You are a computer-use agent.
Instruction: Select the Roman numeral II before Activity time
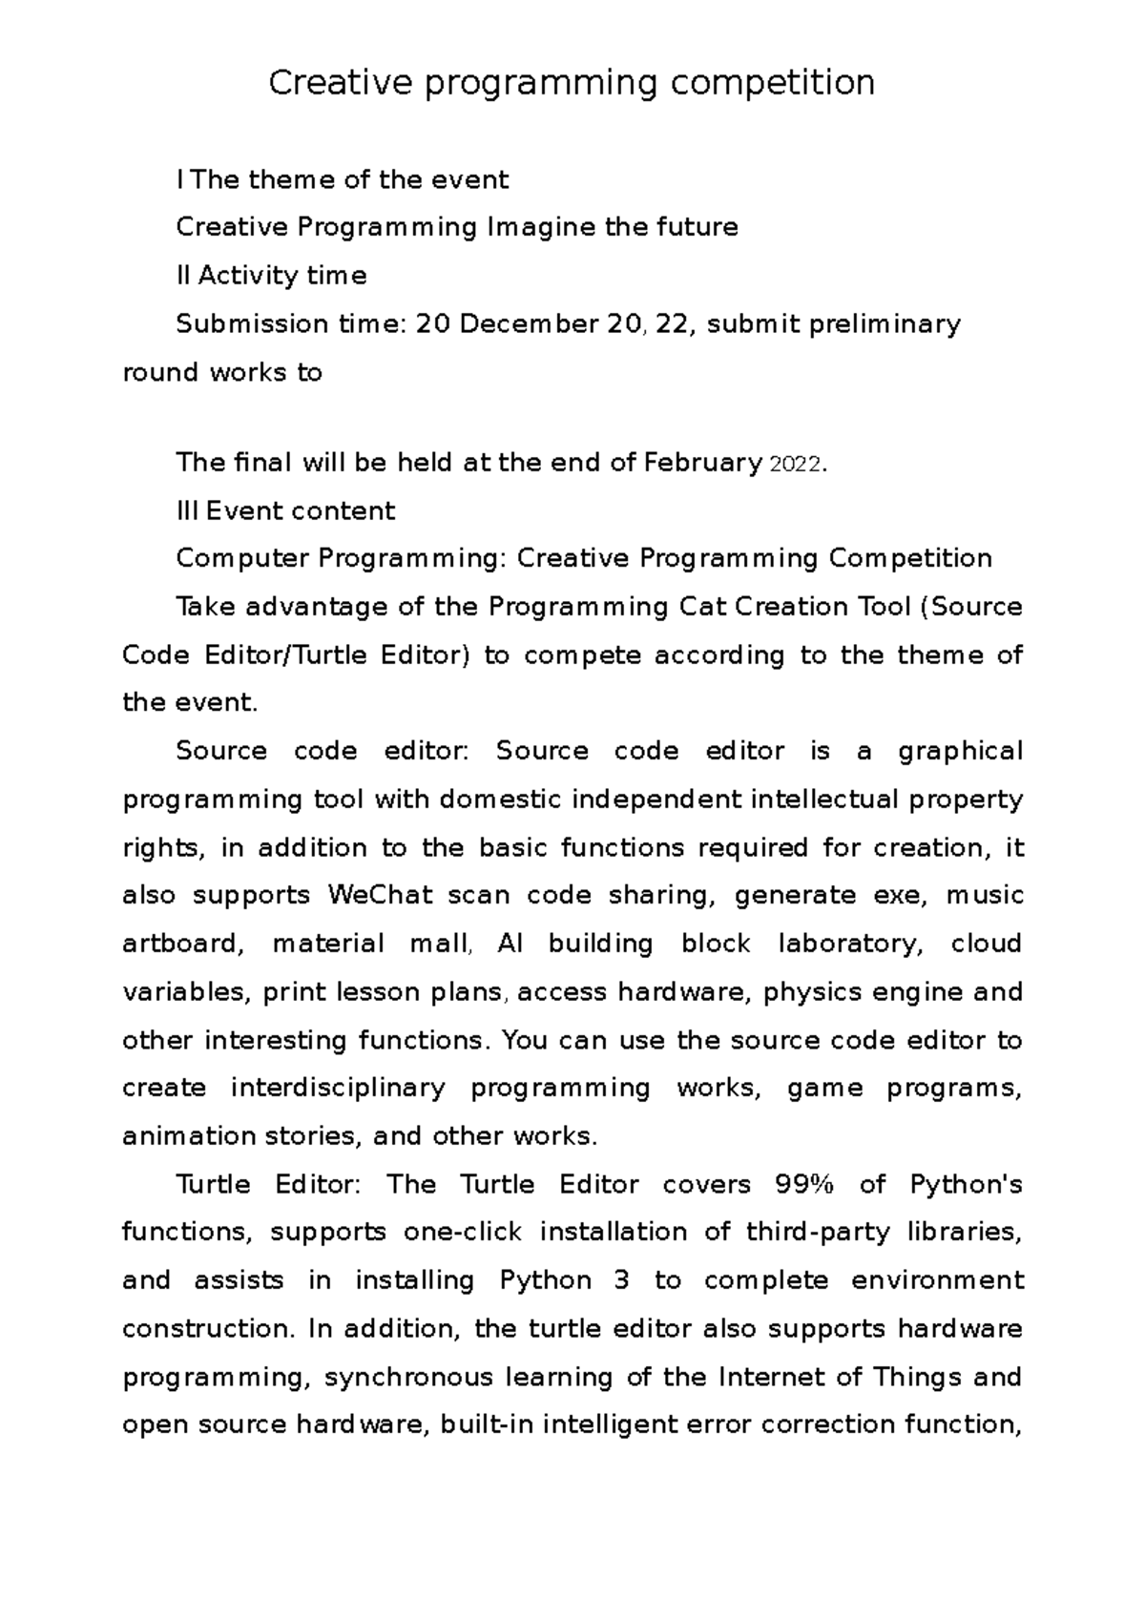pos(183,276)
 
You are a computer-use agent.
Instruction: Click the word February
pos(702,463)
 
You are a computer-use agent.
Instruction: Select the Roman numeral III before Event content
pos(187,510)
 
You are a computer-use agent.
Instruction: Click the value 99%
pos(804,1184)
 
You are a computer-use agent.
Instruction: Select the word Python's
pos(966,1184)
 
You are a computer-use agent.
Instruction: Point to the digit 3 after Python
pos(622,1280)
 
